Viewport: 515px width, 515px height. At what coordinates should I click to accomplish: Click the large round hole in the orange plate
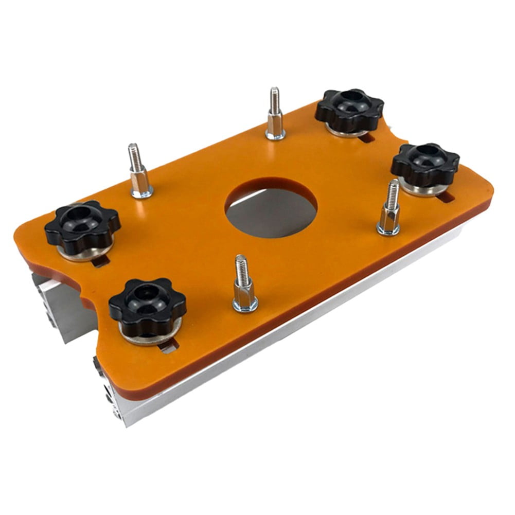(x=271, y=207)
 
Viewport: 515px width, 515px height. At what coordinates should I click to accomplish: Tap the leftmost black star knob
(x=82, y=225)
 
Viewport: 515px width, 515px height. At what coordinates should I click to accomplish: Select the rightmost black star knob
(x=425, y=164)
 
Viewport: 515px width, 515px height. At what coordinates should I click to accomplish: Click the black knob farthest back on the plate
(x=349, y=109)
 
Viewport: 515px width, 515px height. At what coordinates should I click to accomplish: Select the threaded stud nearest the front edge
(x=244, y=282)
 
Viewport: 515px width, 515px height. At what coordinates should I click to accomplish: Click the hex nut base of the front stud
(x=245, y=298)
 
